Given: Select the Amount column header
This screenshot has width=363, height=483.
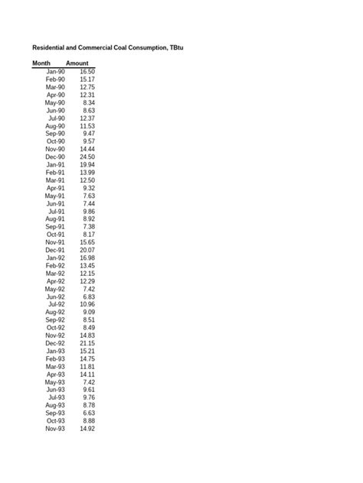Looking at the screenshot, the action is coord(77,63).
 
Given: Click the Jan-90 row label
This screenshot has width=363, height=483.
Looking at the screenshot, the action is coord(56,71).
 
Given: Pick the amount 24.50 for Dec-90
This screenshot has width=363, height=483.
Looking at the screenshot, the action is coord(86,157).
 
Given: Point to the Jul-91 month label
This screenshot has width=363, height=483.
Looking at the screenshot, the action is coord(57,211).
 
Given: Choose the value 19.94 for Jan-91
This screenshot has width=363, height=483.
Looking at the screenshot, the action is coord(86,164).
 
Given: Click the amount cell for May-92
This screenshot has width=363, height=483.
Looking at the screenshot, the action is coord(88,289).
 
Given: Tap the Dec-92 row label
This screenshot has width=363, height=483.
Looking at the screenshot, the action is coord(55,343).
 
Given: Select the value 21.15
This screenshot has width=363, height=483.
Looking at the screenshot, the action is coord(86,343).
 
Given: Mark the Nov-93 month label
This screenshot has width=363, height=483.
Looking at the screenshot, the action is coord(55,429).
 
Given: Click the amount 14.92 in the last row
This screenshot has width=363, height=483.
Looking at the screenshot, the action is coord(86,429).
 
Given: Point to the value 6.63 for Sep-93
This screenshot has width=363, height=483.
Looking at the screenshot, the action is coord(88,413).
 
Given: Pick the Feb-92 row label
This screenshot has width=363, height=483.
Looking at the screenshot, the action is coord(55,265).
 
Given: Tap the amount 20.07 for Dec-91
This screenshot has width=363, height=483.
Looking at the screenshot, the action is coord(86,250).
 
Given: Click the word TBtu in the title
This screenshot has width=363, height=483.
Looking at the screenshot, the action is coord(174,48).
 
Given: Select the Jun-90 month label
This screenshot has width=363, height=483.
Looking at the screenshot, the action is coord(56,110).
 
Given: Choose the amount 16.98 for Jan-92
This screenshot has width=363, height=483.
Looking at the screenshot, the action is coord(86,258).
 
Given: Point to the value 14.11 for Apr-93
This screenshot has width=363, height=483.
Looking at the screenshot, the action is coord(86,374).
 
